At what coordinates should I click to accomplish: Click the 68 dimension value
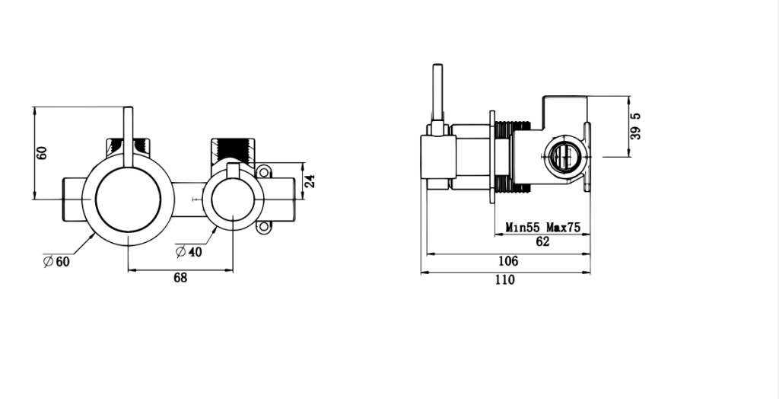coord(180,278)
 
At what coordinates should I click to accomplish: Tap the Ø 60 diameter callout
coord(56,261)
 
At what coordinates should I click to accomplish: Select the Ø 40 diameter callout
coord(189,252)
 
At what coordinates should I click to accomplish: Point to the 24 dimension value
coord(310,180)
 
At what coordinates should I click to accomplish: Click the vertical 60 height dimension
coord(42,153)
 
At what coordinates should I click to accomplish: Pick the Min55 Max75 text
coord(542,228)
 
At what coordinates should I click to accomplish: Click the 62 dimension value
coord(542,242)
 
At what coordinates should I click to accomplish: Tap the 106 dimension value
coord(507,261)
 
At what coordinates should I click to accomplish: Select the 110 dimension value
coord(505,280)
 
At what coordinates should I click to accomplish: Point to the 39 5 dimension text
coord(635,126)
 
